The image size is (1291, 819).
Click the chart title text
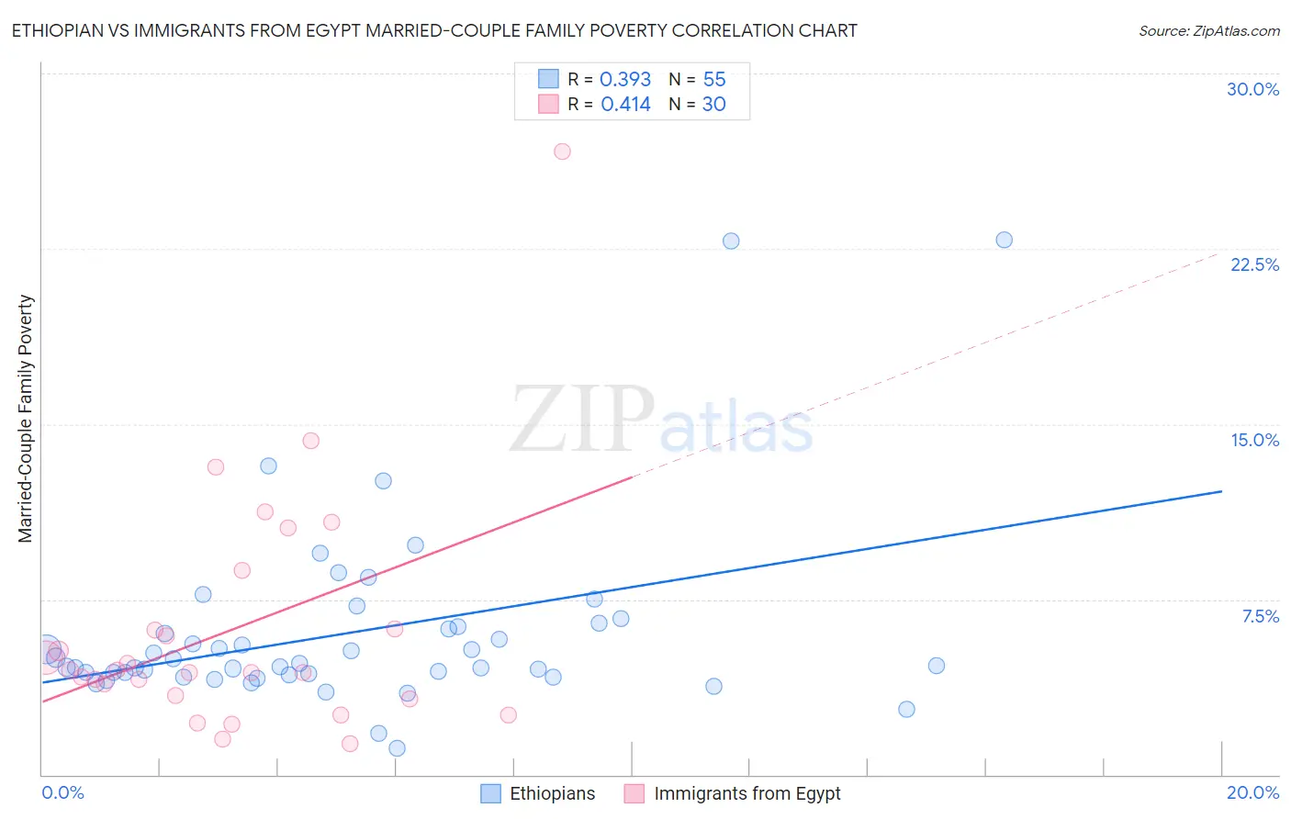pyautogui.click(x=433, y=30)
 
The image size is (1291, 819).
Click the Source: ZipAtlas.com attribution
pyautogui.click(x=1208, y=30)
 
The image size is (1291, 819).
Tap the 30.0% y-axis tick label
pyautogui.click(x=1252, y=89)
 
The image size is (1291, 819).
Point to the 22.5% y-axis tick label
pyautogui.click(x=1254, y=264)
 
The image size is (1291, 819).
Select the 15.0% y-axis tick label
pyautogui.click(x=1254, y=440)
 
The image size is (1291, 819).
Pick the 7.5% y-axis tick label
pyautogui.click(x=1260, y=616)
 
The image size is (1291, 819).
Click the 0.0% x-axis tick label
pyautogui.click(x=62, y=792)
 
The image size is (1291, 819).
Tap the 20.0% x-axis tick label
pyautogui.click(x=1252, y=792)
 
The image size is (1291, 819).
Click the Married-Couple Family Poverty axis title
pyautogui.click(x=26, y=419)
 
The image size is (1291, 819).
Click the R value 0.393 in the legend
pyautogui.click(x=624, y=80)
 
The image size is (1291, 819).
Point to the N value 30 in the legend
pyautogui.click(x=713, y=105)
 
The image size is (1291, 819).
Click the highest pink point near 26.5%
pyautogui.click(x=562, y=151)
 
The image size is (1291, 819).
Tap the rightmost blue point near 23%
pyautogui.click(x=1004, y=240)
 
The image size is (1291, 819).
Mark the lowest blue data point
pyautogui.click(x=397, y=748)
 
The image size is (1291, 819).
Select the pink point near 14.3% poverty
pyautogui.click(x=310, y=441)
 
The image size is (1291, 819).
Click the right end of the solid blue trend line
pyautogui.click(x=1220, y=491)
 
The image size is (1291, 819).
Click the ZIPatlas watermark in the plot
pyautogui.click(x=661, y=420)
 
